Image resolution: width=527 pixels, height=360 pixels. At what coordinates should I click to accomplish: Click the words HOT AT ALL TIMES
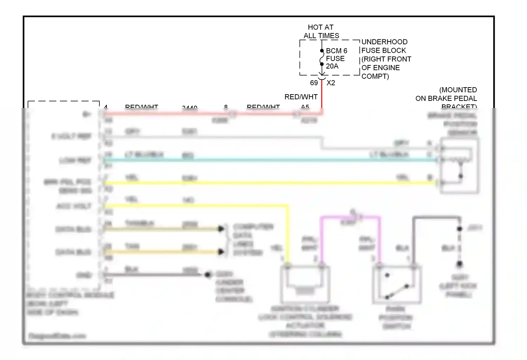click(321, 32)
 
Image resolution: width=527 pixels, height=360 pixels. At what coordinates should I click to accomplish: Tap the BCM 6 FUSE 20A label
click(336, 58)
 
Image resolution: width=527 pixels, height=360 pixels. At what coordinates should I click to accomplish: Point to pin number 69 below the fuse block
click(314, 83)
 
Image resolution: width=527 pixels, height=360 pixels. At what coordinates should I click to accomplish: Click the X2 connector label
click(331, 83)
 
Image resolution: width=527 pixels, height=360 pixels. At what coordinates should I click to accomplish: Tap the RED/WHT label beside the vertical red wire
click(301, 97)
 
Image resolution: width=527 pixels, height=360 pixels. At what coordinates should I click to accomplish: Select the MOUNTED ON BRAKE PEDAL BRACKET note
click(446, 98)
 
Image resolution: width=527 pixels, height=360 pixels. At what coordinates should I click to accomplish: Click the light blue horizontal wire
click(267, 160)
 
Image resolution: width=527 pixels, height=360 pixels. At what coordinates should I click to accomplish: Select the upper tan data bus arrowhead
click(221, 229)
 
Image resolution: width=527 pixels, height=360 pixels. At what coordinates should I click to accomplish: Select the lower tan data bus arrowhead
click(221, 252)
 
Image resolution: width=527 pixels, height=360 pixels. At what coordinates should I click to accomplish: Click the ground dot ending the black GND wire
click(208, 275)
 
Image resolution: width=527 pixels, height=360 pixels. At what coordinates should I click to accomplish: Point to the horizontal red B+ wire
click(211, 114)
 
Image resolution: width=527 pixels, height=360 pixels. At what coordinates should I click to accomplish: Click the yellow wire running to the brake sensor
click(267, 183)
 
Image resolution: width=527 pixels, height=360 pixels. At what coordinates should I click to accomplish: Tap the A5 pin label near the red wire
click(305, 107)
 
